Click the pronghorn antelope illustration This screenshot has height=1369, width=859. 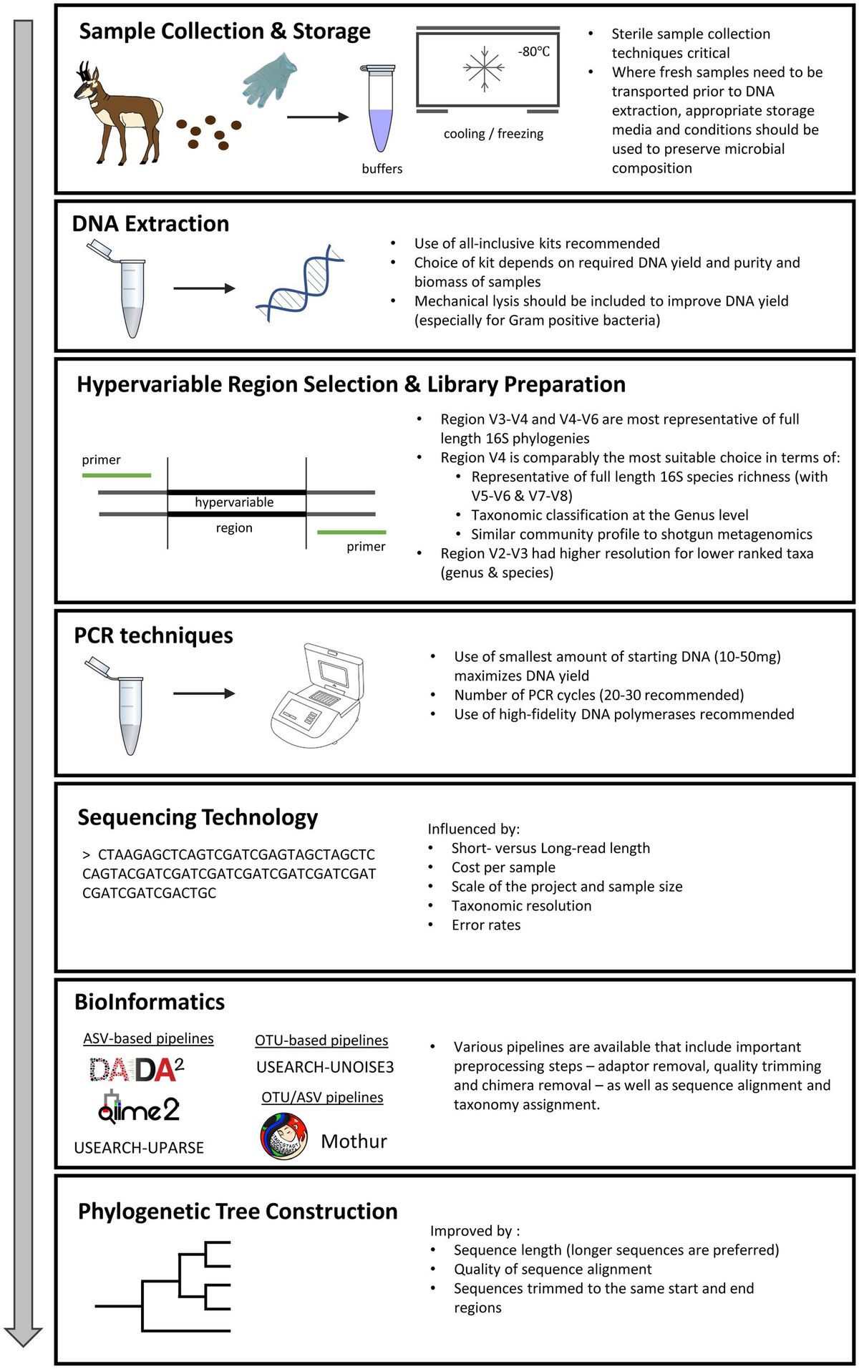[118, 115]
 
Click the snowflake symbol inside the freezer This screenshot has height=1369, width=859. [485, 69]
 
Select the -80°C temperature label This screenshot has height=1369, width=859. [534, 52]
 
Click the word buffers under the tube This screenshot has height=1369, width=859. [382, 169]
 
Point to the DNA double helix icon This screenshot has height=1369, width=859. [301, 283]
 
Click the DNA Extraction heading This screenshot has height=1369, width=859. [150, 224]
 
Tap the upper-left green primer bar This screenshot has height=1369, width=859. [117, 475]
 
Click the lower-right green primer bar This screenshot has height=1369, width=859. [351, 532]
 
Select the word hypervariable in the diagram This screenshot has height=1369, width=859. [234, 502]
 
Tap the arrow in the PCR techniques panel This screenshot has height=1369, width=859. [204, 693]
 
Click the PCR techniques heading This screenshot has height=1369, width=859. [153, 635]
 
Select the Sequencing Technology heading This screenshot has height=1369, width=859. [198, 817]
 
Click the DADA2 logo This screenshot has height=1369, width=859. [137, 1070]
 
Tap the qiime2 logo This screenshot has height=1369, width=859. [139, 1109]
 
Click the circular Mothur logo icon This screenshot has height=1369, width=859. [283, 1136]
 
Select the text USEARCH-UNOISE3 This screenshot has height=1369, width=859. [325, 1067]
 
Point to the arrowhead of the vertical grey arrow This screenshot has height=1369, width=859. [24, 1336]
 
